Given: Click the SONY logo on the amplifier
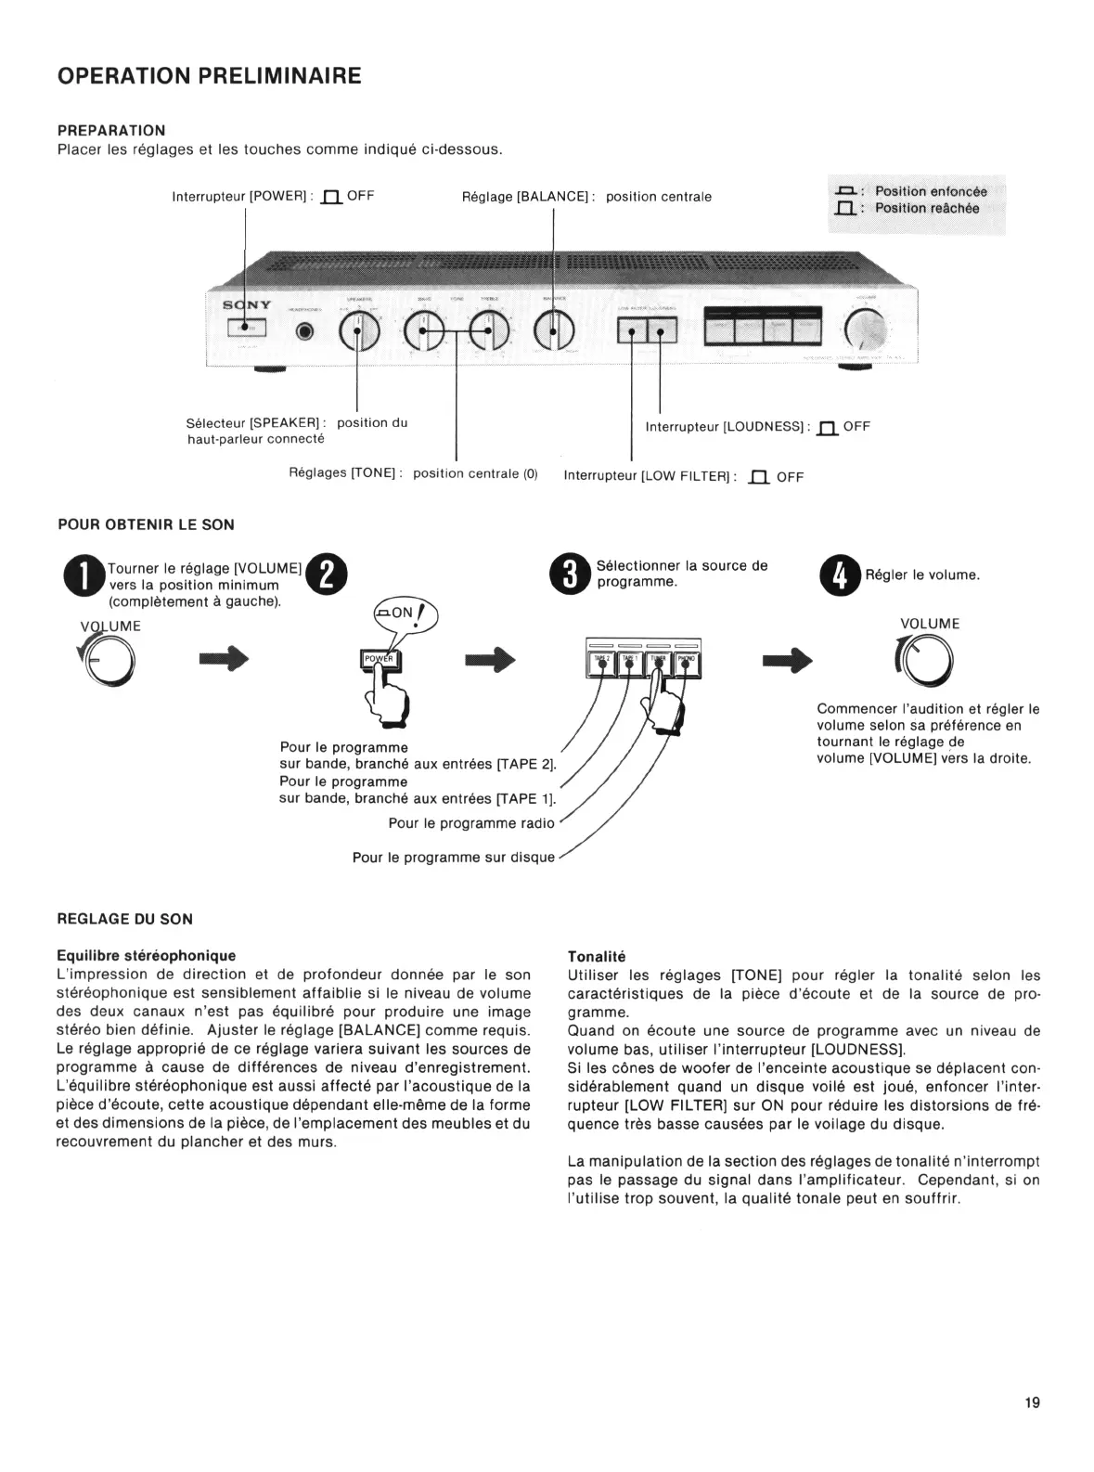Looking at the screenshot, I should point(246,305).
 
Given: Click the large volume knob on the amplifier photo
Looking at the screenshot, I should point(866,329).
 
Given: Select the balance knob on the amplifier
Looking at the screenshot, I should point(554,329).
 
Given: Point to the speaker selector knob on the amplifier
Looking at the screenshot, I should point(358,330).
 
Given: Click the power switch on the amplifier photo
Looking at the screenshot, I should point(246,327).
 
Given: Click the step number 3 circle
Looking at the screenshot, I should point(569,573).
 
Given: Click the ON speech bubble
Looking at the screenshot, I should point(405,613).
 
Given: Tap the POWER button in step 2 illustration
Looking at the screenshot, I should point(379,659).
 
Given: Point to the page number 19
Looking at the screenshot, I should point(1032,1402).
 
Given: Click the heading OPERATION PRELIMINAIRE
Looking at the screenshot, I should point(209,76).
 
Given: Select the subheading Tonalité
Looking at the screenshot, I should point(596,956).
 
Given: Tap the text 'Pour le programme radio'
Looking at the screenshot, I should point(470,823).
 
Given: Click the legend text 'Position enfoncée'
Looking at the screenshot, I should point(931,191).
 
